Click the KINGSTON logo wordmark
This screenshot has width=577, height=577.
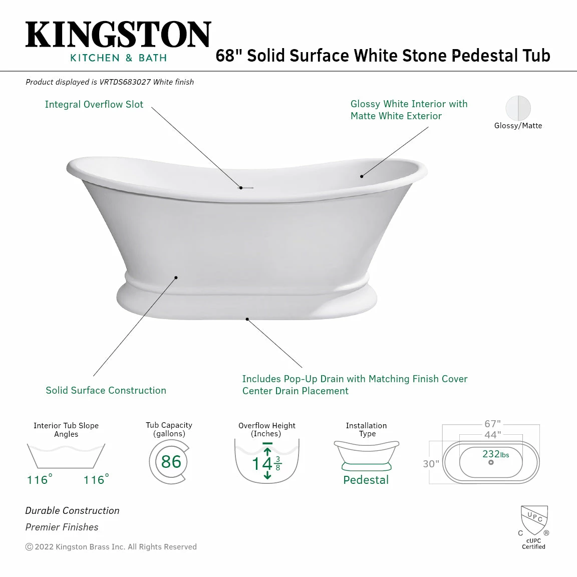pyautogui.click(x=118, y=35)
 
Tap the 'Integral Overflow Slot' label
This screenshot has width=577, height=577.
pyautogui.click(x=94, y=104)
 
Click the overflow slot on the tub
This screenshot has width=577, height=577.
pyautogui.click(x=245, y=188)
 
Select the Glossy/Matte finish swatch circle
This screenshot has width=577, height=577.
pyautogui.click(x=518, y=108)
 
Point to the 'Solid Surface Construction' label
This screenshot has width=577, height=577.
pyautogui.click(x=106, y=390)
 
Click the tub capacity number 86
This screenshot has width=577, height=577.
pyautogui.click(x=171, y=462)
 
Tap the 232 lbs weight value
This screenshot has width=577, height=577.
pyautogui.click(x=495, y=454)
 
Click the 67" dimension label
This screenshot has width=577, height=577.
pyautogui.click(x=492, y=424)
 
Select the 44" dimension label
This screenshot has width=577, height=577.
pyautogui.click(x=492, y=435)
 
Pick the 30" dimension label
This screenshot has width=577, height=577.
pyautogui.click(x=431, y=464)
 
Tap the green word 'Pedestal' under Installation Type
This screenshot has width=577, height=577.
pyautogui.click(x=366, y=480)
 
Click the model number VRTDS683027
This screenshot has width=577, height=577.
pyautogui.click(x=125, y=82)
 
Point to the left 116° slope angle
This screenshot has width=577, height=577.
pyautogui.click(x=39, y=480)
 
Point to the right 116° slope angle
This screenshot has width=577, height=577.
pyautogui.click(x=96, y=480)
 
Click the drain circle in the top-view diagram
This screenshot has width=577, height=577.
pyautogui.click(x=491, y=462)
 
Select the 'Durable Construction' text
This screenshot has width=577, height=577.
pyautogui.click(x=72, y=510)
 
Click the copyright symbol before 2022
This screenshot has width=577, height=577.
pyautogui.click(x=29, y=547)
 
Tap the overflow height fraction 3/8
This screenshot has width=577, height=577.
pyautogui.click(x=278, y=463)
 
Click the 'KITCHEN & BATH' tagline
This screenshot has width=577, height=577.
pyautogui.click(x=118, y=58)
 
